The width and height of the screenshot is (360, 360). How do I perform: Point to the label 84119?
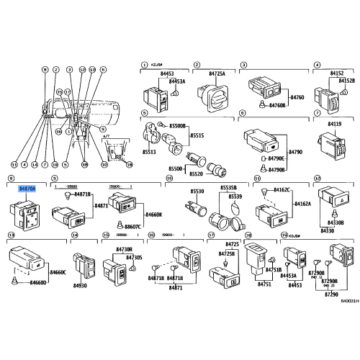335,123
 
